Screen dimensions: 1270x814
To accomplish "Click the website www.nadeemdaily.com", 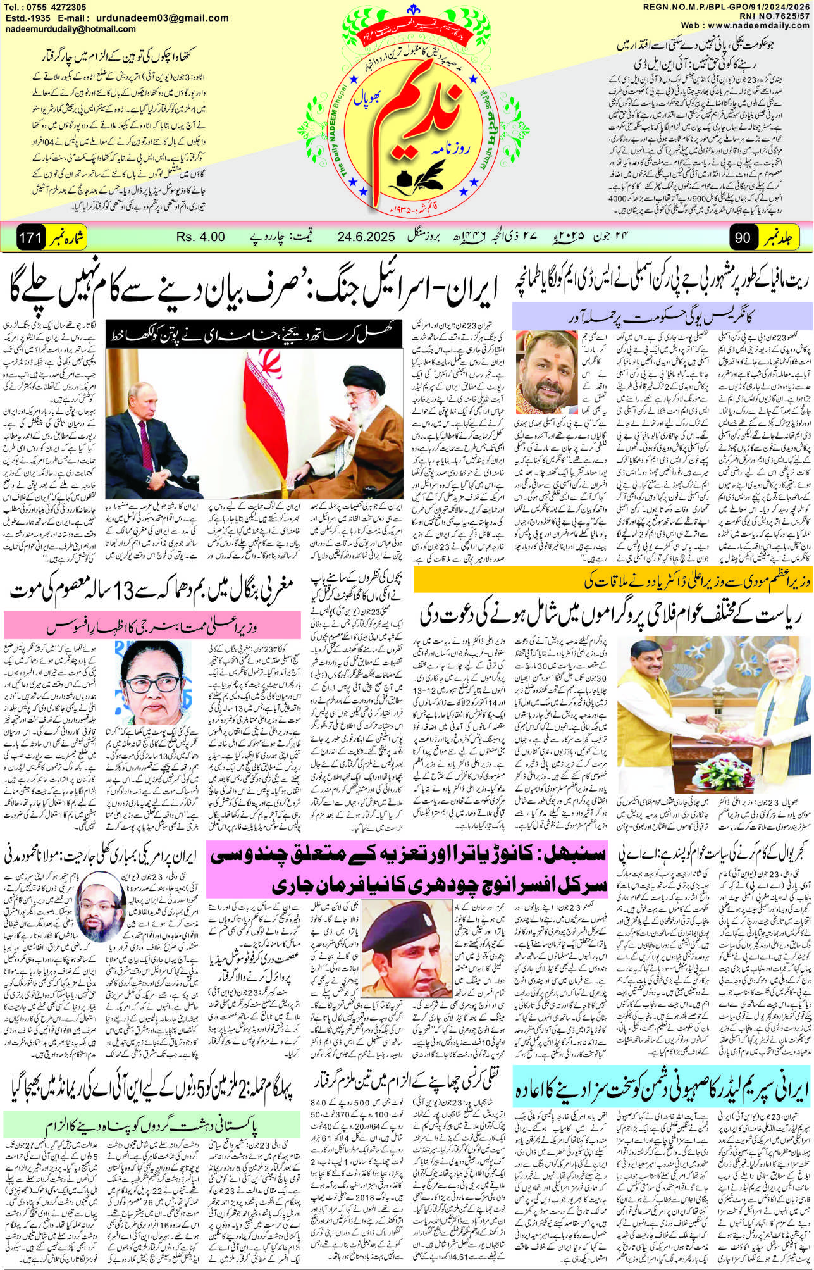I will (755, 25).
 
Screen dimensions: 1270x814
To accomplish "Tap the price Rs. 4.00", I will (200, 237).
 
